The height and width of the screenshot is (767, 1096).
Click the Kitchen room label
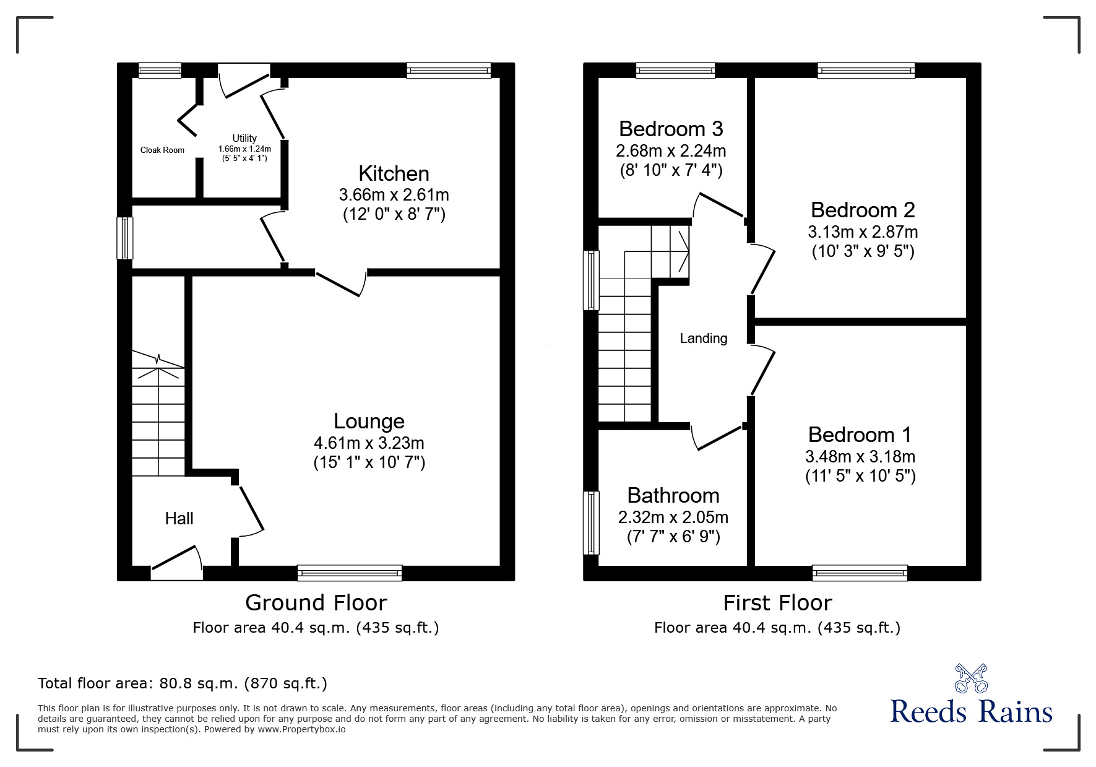tap(394, 173)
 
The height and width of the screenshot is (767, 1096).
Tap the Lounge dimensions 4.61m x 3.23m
tap(369, 443)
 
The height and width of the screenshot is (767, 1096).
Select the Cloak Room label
tap(162, 150)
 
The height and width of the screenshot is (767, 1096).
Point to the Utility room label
tap(244, 138)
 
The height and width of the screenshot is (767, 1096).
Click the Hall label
tap(179, 519)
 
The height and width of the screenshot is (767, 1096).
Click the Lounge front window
tap(350, 573)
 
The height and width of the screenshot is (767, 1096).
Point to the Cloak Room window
tap(160, 70)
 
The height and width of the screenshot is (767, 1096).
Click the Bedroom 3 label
tap(671, 129)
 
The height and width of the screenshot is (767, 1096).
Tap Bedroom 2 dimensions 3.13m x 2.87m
tap(863, 232)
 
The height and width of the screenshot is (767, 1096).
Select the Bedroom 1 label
tap(860, 435)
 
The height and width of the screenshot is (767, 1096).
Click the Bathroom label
tap(673, 495)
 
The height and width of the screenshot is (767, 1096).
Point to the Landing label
tap(704, 339)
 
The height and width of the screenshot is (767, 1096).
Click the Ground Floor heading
tap(316, 602)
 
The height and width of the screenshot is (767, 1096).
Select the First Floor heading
tap(777, 602)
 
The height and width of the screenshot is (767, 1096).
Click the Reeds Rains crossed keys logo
tap(971, 678)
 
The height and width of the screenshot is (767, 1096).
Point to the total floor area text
tap(183, 683)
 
